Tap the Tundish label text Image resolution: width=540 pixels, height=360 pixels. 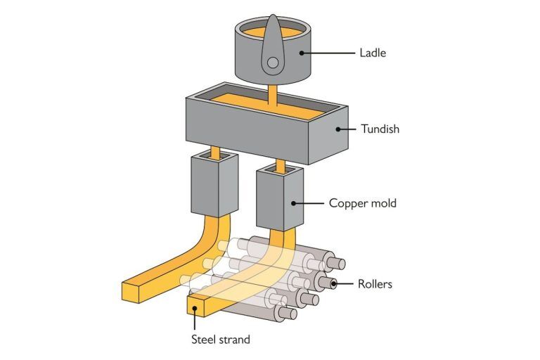coord(381,129)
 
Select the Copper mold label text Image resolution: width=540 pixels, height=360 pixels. coord(363,204)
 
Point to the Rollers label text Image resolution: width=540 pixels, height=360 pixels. coord(374,285)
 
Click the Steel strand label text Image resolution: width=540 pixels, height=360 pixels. coord(221,340)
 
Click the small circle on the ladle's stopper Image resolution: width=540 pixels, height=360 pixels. coord(272,63)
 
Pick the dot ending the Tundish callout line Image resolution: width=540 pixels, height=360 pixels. coord(337,129)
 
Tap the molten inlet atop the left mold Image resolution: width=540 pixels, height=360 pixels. coord(212,153)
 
